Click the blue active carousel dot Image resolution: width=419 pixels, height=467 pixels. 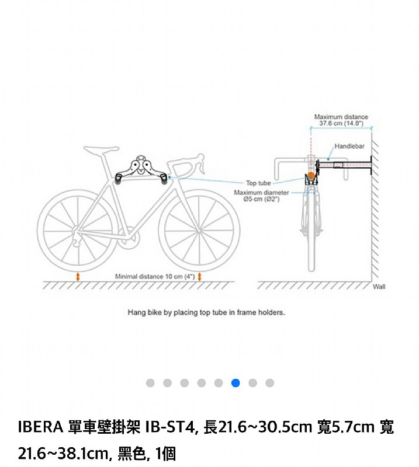[x=236, y=383]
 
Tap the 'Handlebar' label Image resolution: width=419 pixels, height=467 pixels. [x=349, y=147]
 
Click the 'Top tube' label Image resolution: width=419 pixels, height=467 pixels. [x=258, y=183]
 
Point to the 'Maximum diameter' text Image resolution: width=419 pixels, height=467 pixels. [x=261, y=193]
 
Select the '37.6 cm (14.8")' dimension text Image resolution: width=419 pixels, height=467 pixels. [x=341, y=123]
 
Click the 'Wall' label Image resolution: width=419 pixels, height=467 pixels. [x=379, y=287]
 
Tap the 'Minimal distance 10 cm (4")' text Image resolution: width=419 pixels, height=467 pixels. [x=155, y=277]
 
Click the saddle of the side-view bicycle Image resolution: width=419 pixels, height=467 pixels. [x=101, y=149]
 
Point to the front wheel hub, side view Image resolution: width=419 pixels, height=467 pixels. [x=199, y=231]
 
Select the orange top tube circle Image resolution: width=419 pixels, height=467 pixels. [x=311, y=176]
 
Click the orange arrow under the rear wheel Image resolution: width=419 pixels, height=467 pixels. [x=78, y=277]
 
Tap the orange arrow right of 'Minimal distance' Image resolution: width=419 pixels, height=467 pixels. [x=199, y=277]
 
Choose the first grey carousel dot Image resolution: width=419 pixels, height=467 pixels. [x=150, y=383]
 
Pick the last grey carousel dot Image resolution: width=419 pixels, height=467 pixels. [x=269, y=383]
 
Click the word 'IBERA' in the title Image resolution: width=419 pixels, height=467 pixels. [x=40, y=427]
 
